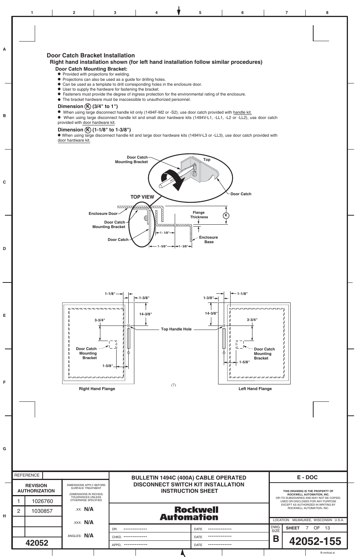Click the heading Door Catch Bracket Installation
[x=91, y=56]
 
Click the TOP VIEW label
[x=142, y=197]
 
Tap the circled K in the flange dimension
[x=226, y=215]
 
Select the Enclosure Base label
[x=209, y=239]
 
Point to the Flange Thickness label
[x=199, y=215]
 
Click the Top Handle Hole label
[x=176, y=329]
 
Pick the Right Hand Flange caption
[x=97, y=389]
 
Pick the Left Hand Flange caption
[x=255, y=389]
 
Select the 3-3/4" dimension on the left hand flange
[x=252, y=320]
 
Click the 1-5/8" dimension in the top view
[x=162, y=247]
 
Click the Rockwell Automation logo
[x=189, y=514]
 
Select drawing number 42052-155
[x=315, y=541]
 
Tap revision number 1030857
[x=42, y=511]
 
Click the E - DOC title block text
[x=307, y=477]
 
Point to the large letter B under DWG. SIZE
[x=276, y=539]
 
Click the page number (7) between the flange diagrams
[x=174, y=385]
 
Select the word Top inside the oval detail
[x=207, y=160]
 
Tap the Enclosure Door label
[x=103, y=214]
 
